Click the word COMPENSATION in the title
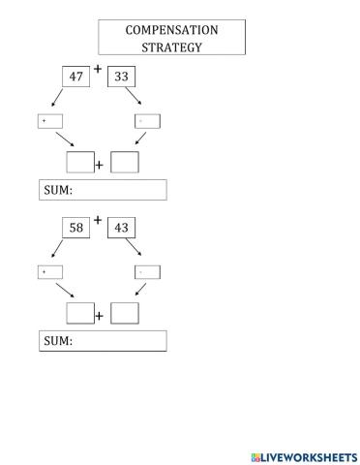point(171,30)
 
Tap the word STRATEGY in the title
point(171,46)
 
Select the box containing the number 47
point(76,76)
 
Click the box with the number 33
point(121,76)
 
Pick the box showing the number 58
point(76,228)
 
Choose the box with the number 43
point(121,228)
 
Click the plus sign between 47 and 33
point(98,68)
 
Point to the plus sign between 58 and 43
point(98,220)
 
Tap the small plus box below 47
point(49,121)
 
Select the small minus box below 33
point(147,121)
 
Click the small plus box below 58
point(49,272)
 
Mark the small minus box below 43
point(147,272)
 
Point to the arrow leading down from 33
point(138,99)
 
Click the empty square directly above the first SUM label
point(79,162)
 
